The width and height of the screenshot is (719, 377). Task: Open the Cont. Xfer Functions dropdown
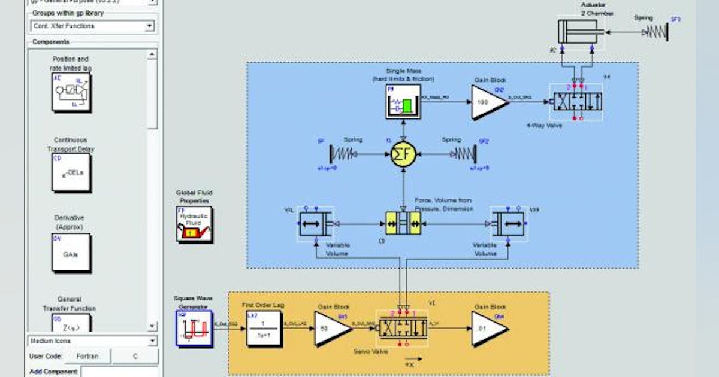[x=92, y=26]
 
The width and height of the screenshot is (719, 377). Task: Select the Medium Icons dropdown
[x=92, y=341]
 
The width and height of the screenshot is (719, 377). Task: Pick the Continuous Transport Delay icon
[x=71, y=172]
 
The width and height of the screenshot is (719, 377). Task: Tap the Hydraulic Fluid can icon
[x=194, y=224]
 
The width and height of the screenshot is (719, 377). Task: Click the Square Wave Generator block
[x=193, y=328]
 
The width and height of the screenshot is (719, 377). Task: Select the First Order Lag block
[x=264, y=328]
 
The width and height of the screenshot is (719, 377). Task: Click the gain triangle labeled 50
[x=331, y=328]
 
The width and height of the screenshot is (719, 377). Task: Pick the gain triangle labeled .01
[x=488, y=328]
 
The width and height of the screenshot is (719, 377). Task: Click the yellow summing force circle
[x=403, y=154]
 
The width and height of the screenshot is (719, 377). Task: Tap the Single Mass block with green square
[x=403, y=101]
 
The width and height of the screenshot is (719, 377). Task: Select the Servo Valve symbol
[x=401, y=328]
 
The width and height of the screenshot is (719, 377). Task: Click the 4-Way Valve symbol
[x=576, y=101]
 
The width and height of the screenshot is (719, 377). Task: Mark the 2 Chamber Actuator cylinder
[x=577, y=32]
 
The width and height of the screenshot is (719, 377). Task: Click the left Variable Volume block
[x=316, y=224]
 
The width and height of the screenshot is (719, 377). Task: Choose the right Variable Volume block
[x=507, y=224]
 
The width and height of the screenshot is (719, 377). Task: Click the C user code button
[x=135, y=356]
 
